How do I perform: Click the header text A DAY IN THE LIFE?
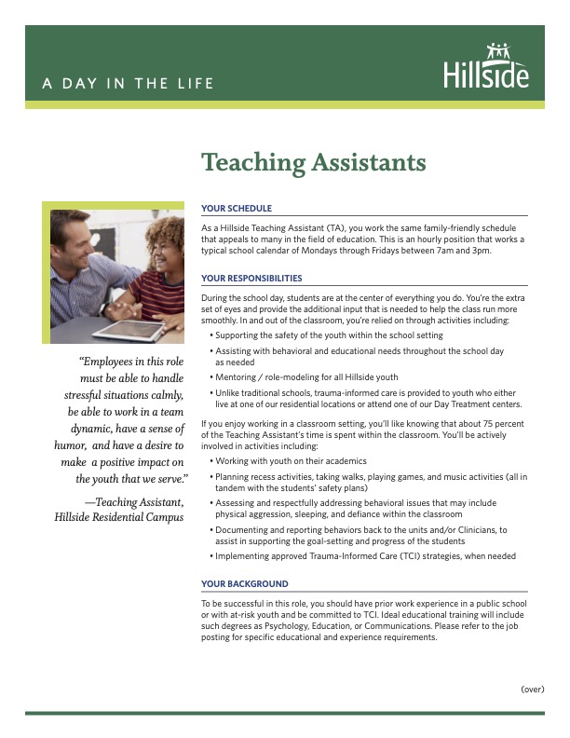(128, 84)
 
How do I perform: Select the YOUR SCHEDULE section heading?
(237, 209)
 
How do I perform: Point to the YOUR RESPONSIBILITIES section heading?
(251, 279)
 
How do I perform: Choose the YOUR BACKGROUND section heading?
(244, 584)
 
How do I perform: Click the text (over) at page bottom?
(533, 689)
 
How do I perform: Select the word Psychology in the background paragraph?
(279, 629)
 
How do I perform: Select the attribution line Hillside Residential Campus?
(118, 517)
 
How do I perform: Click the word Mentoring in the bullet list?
(237, 377)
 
